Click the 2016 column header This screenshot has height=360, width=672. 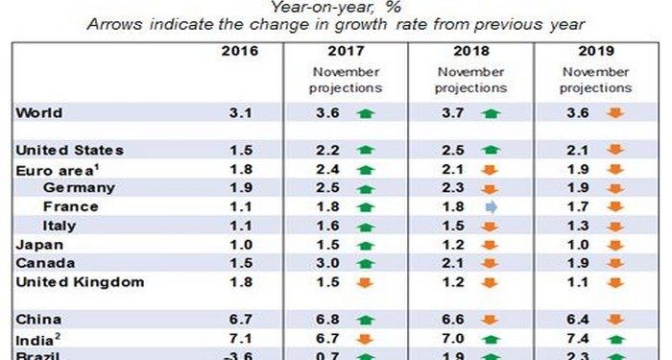point(240,52)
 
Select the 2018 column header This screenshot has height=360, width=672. point(471,52)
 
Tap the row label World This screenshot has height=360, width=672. point(39,113)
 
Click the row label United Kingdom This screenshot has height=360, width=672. point(80,282)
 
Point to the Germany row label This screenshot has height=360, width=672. point(80,188)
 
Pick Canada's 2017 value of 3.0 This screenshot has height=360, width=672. point(328,263)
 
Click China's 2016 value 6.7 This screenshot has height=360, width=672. point(240,320)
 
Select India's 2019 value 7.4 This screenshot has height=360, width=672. point(578,339)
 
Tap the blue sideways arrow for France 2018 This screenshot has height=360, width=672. point(492,207)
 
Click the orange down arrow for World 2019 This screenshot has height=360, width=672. point(615,113)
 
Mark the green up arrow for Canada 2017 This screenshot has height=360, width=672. point(366,264)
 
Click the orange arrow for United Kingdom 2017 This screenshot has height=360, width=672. point(365,283)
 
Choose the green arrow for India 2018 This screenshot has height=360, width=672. point(491,340)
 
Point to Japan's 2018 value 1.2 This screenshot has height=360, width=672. point(453,245)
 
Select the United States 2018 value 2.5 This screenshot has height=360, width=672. point(453,151)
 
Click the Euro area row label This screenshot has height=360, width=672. point(58,170)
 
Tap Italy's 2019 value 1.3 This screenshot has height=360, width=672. point(578,226)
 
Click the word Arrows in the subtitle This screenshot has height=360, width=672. point(114,24)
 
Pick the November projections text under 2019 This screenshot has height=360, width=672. point(596,80)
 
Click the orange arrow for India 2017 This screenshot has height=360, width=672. point(365,340)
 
